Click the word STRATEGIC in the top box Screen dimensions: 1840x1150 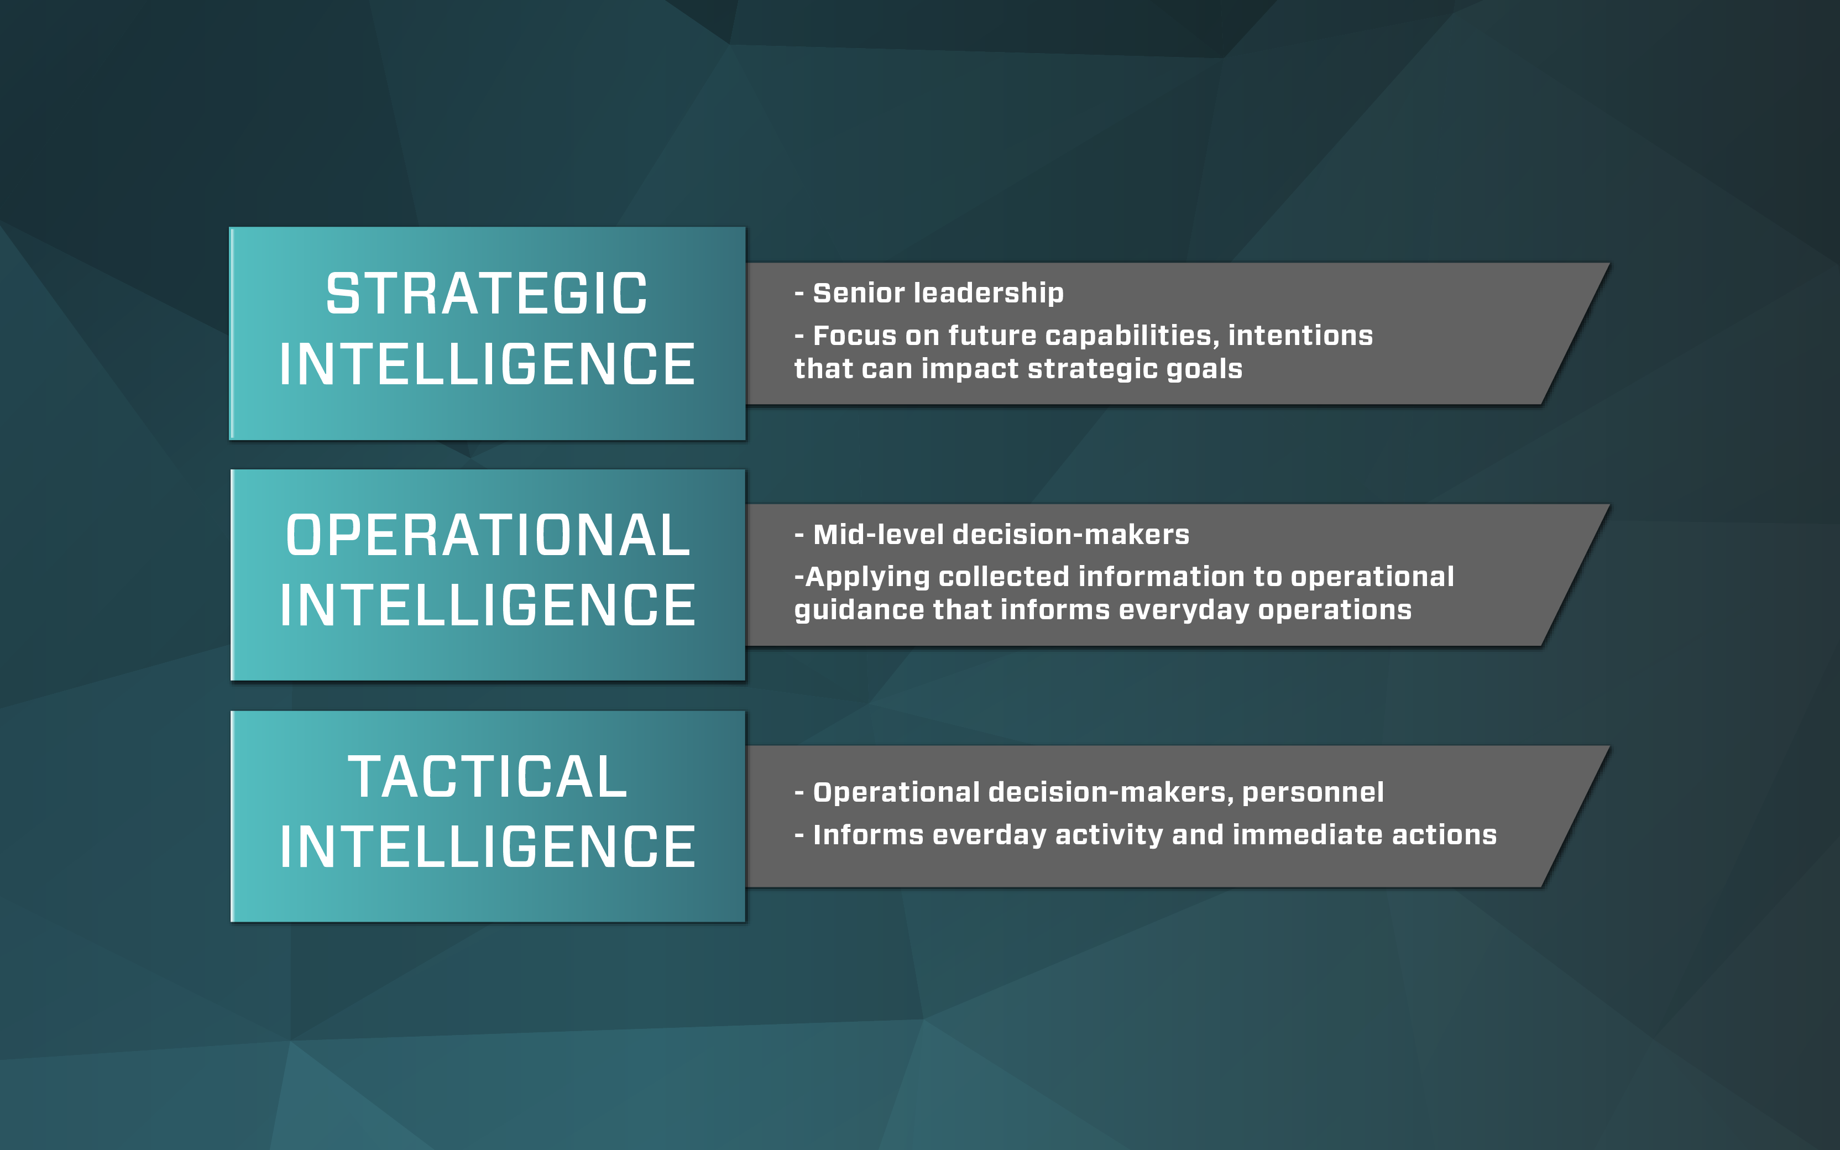click(487, 294)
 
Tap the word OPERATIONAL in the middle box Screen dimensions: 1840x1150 click(488, 535)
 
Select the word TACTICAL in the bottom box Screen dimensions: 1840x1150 click(488, 777)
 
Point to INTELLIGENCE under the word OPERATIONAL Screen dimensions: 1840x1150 click(488, 605)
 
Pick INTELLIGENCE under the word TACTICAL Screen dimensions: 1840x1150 click(488, 846)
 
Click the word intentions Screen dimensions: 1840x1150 click(1301, 336)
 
